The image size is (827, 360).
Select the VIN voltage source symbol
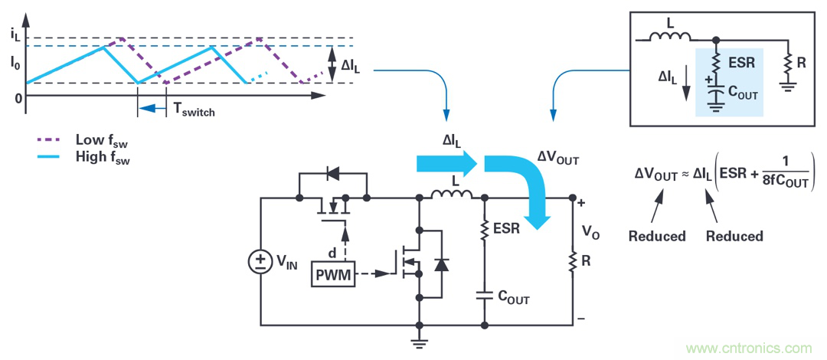261,263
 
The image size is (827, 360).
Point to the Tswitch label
194,111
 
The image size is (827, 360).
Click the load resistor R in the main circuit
573,261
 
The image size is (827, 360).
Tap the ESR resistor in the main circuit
485,228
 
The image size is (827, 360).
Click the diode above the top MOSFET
332,174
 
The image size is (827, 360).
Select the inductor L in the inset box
671,36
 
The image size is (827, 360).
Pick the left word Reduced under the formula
657,236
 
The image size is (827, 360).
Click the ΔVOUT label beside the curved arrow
557,160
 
